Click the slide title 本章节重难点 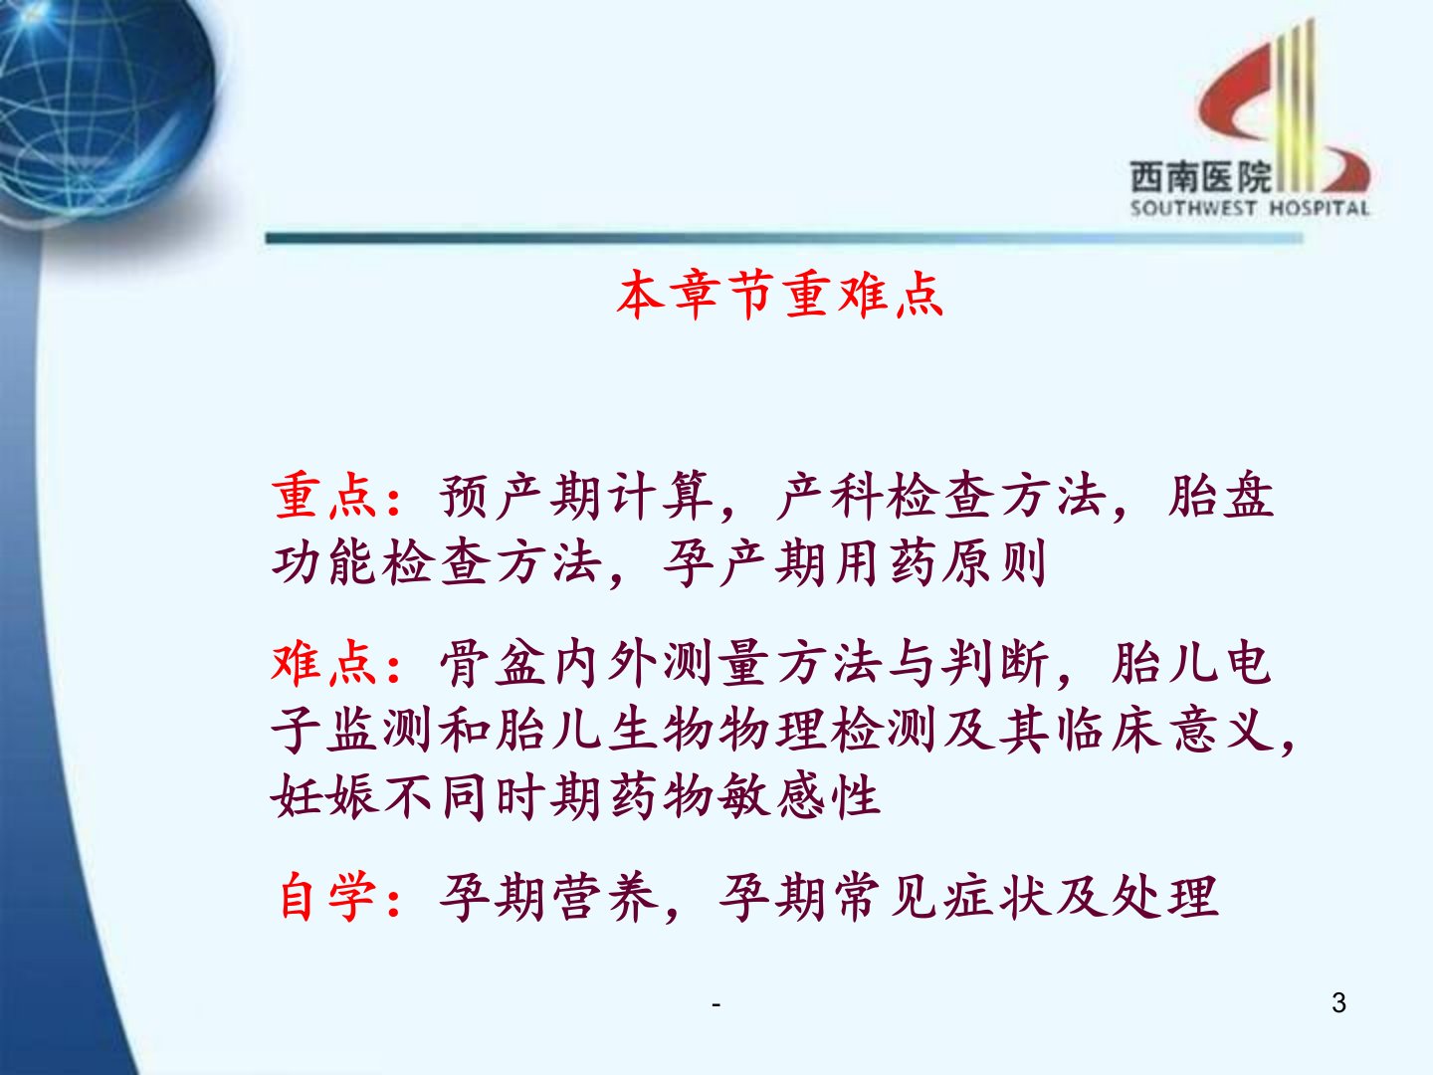coord(780,295)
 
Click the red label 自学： coord(338,897)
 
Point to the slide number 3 coord(1339,1002)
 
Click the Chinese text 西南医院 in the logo coord(1202,176)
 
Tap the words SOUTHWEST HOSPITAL coord(1250,208)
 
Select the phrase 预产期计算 coord(576,496)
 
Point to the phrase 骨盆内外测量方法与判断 coord(744,664)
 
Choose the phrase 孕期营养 coord(548,897)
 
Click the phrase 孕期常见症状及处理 coord(969,897)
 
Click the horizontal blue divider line coord(784,238)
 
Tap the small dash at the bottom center coord(716,1004)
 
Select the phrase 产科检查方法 coord(940,496)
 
